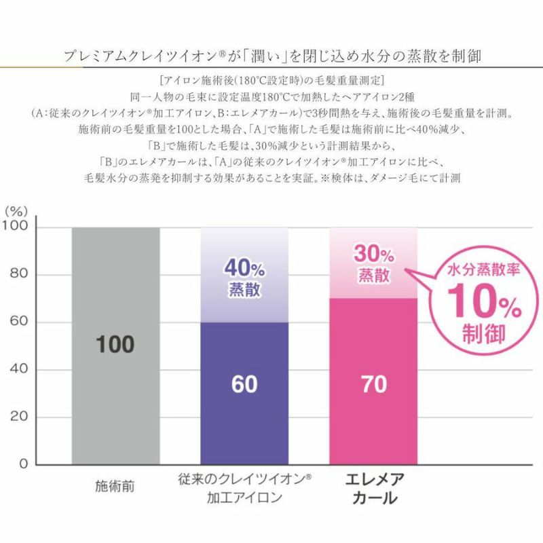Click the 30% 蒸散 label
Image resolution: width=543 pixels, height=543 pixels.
[373, 265]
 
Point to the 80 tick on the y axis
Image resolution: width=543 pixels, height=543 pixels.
[18, 275]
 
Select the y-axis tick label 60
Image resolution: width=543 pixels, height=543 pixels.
[18, 322]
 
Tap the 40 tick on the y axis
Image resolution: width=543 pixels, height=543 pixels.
[18, 370]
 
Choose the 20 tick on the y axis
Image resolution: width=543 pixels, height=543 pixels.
[18, 417]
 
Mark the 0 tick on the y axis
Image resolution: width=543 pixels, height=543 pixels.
[23, 465]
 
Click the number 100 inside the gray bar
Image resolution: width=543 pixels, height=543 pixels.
[115, 344]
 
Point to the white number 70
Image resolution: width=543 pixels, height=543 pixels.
[373, 384]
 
